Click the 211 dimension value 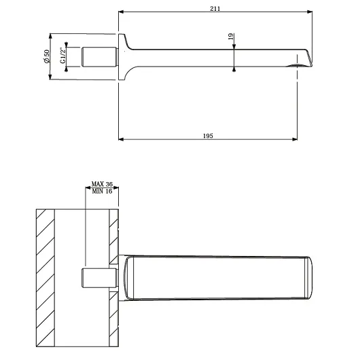pyautogui.click(x=215, y=9)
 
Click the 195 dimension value pyautogui.click(x=208, y=136)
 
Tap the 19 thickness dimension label pyautogui.click(x=231, y=36)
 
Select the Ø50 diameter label pyautogui.click(x=46, y=56)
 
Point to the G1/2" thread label pyautogui.click(x=62, y=55)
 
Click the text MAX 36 pyautogui.click(x=102, y=184)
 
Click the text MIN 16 pyautogui.click(x=102, y=191)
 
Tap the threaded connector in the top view pyautogui.click(x=100, y=57)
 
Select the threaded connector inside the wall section pyautogui.click(x=100, y=278)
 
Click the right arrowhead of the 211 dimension pyautogui.click(x=310, y=12)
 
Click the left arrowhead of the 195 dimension pyautogui.click(x=121, y=139)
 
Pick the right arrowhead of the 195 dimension pyautogui.click(x=295, y=139)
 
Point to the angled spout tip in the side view pyautogui.click(x=308, y=58)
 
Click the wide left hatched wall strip pyautogui.click(x=46, y=278)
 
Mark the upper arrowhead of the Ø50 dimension pyautogui.click(x=50, y=36)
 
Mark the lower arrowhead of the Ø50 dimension pyautogui.click(x=50, y=77)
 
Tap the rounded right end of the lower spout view pyautogui.click(x=310, y=278)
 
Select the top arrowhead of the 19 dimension pyautogui.click(x=234, y=46)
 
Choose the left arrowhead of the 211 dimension pyautogui.click(x=121, y=12)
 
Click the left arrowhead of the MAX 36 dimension pyautogui.click(x=88, y=187)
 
